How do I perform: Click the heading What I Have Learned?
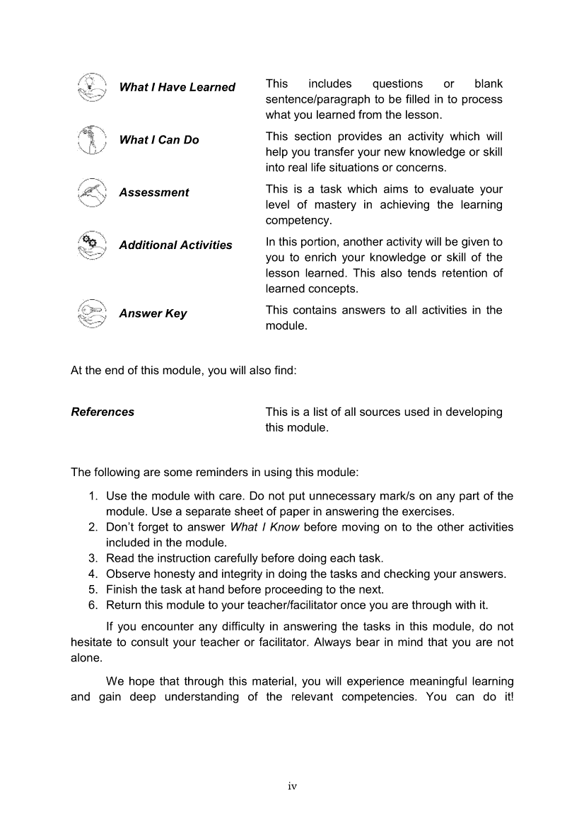click(177, 87)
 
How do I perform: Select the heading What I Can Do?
click(159, 140)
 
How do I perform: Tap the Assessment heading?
click(153, 192)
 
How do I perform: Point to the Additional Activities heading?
click(175, 245)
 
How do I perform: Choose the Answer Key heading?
click(153, 313)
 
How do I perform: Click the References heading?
click(103, 412)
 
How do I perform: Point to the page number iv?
click(292, 786)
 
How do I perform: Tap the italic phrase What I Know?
click(265, 527)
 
